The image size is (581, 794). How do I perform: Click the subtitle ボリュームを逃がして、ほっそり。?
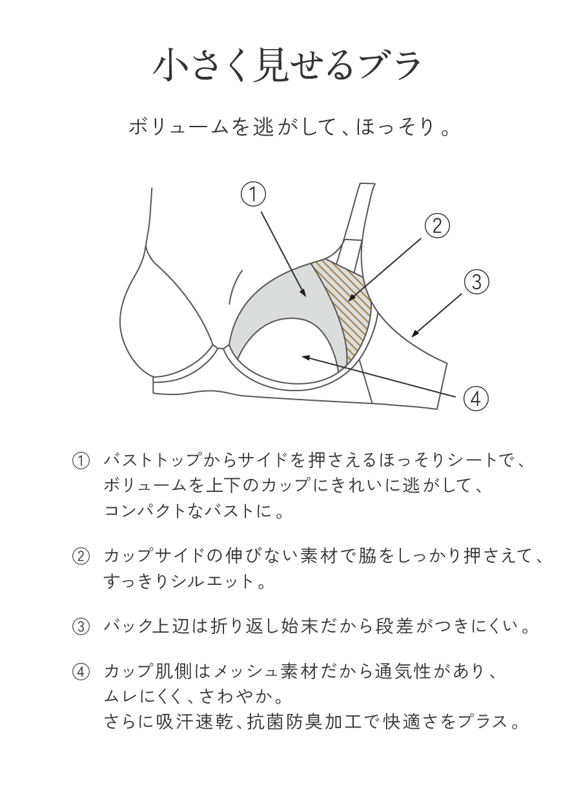click(289, 126)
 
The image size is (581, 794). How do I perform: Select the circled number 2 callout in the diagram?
click(436, 225)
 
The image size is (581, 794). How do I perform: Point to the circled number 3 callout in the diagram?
click(476, 281)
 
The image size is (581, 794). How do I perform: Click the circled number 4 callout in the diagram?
click(474, 399)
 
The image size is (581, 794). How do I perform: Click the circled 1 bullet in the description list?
click(80, 462)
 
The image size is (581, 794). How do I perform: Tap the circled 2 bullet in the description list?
click(80, 557)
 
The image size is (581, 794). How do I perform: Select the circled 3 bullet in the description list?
click(80, 627)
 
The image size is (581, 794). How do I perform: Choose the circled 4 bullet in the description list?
click(80, 673)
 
